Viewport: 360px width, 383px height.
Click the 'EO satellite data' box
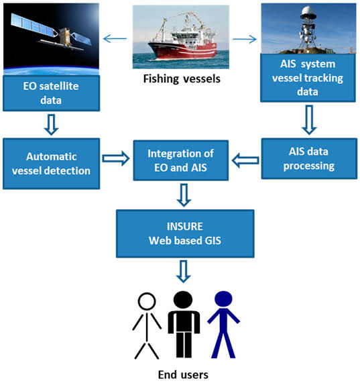point(51,93)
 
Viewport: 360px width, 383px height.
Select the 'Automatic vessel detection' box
point(51,164)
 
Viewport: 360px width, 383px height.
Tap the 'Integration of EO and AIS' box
point(181,160)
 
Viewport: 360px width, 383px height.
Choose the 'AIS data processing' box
point(309,158)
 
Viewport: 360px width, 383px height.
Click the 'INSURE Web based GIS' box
point(185,233)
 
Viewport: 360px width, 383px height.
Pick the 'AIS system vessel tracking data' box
point(308,78)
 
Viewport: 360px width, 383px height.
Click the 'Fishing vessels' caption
point(182,79)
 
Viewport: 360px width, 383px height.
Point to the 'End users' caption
point(183,374)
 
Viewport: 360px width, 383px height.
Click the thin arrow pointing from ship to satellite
point(115,39)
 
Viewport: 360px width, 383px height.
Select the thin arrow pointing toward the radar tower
point(245,39)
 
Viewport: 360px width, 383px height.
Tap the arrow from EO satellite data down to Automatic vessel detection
point(51,125)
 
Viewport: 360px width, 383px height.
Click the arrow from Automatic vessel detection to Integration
point(116,158)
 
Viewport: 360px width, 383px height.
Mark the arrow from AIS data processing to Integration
point(245,160)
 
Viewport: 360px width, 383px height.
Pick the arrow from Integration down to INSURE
point(184,195)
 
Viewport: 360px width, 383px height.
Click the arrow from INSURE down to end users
point(183,272)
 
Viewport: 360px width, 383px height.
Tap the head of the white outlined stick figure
point(147,301)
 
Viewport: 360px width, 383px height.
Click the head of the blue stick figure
point(223,299)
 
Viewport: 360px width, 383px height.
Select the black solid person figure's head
point(183,300)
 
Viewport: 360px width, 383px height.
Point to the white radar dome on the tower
point(308,11)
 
